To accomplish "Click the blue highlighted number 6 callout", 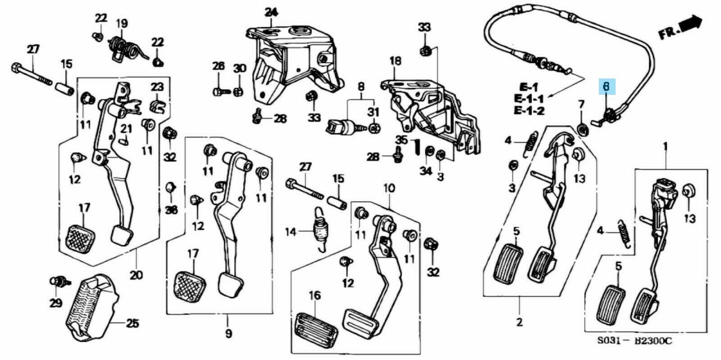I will tap(606, 86).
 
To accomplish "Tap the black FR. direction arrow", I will tap(691, 25).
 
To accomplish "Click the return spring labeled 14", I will tap(318, 231).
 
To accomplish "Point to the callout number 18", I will tap(395, 61).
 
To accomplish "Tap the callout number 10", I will tap(389, 188).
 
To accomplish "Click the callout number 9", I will tap(228, 333).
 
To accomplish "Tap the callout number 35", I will tap(402, 139).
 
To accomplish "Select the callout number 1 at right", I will tap(665, 146).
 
